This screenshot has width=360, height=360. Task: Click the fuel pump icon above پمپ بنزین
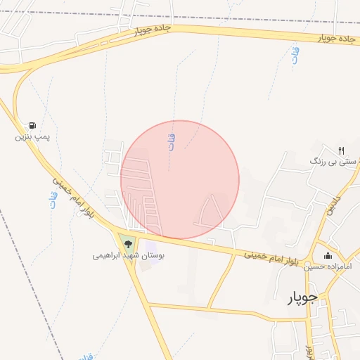pos(33,124)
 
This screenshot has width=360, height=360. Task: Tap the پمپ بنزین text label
pos(33,136)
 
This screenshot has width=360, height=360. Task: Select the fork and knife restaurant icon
pos(341,150)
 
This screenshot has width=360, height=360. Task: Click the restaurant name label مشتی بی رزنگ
pos(335,162)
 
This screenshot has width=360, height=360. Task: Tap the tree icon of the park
pos(128,244)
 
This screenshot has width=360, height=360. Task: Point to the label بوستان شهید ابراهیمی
pos(128,256)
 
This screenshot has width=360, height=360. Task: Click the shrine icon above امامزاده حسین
pos(327,255)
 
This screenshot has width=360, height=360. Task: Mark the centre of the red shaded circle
pos(180,180)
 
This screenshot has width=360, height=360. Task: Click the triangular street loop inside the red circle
pos(210,212)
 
